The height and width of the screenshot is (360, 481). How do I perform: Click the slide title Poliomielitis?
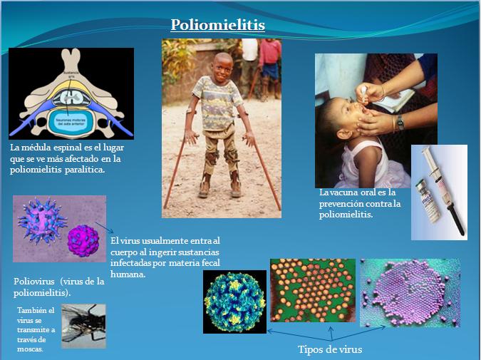click(218, 26)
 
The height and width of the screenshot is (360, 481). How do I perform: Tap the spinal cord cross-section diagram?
click(71, 93)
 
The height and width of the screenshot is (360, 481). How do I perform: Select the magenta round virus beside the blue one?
click(81, 240)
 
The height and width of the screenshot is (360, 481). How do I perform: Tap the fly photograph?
click(83, 326)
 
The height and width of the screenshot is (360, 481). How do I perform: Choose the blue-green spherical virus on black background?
click(234, 302)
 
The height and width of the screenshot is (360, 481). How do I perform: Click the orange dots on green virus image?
click(312, 289)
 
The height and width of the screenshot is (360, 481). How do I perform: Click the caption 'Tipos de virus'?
click(329, 349)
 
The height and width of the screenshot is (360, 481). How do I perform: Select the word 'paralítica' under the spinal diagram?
click(83, 170)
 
